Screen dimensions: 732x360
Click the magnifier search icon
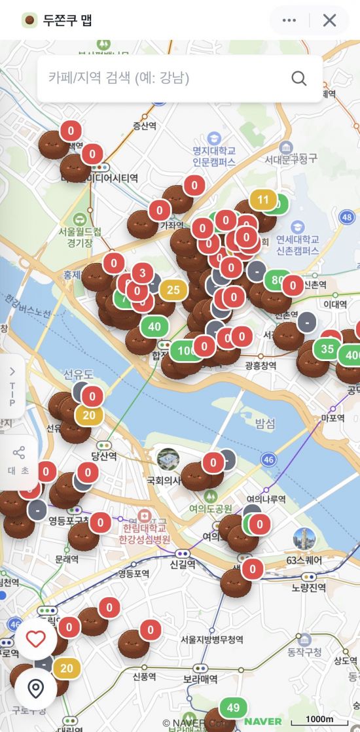299,78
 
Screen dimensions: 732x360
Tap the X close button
329,20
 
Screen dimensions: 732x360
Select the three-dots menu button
289,20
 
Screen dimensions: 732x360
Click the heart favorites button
35,638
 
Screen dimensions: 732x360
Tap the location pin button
35,688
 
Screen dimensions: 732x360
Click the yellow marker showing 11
263,200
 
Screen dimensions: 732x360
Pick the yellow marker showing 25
173,290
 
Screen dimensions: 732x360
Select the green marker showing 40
154,326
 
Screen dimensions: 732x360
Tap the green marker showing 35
327,349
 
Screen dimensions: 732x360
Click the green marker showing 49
233,707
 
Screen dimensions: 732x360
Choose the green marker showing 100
187,350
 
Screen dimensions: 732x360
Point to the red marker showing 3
142,273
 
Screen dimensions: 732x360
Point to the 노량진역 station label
309,587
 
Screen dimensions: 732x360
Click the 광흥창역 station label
260,365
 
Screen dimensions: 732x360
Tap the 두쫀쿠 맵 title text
67,20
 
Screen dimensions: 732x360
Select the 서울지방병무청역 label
212,639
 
